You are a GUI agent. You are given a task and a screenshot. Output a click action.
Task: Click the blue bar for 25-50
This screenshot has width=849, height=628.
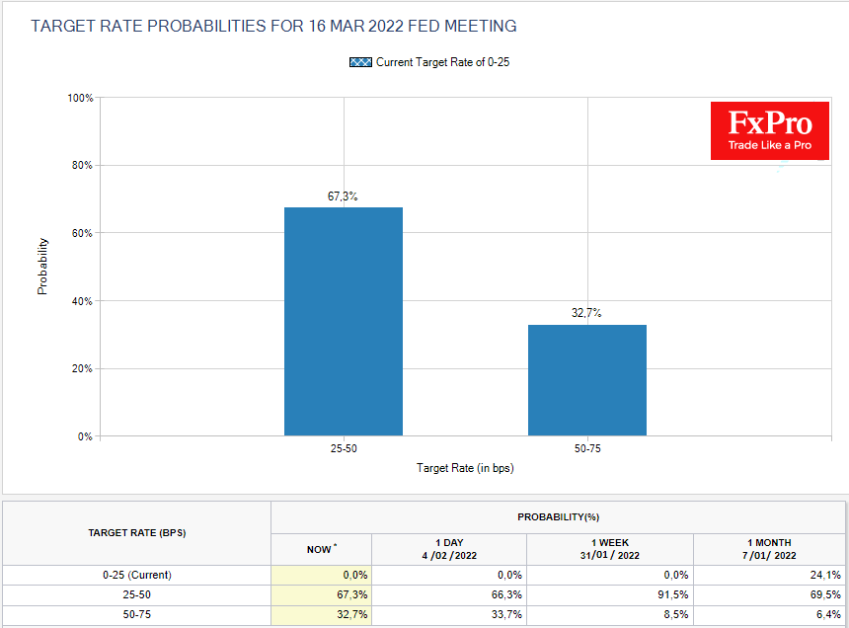click(343, 321)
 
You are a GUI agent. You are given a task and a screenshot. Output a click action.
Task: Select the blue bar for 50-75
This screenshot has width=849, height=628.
click(586, 380)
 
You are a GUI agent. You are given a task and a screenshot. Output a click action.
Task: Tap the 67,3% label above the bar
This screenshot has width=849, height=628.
click(343, 196)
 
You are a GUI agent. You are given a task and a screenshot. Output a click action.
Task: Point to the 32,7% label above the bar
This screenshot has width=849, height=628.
click(586, 313)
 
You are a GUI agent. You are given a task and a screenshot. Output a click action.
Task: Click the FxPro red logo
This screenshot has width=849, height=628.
click(770, 130)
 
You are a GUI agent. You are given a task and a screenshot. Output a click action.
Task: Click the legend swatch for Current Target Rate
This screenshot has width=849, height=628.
click(360, 62)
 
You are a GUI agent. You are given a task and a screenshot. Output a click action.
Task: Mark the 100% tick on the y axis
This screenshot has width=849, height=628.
click(81, 98)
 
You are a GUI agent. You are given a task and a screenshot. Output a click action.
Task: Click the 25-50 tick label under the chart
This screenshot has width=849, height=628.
click(343, 448)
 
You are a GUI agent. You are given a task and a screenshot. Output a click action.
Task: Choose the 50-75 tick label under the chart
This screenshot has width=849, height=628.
click(586, 448)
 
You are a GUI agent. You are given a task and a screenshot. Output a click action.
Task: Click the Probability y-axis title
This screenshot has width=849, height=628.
click(42, 267)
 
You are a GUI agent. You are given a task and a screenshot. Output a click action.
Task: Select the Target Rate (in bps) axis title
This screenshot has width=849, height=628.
click(464, 468)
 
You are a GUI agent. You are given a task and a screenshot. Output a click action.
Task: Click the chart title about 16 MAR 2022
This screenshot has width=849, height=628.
click(273, 26)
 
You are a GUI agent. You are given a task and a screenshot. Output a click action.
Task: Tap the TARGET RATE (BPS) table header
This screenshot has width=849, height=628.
click(137, 532)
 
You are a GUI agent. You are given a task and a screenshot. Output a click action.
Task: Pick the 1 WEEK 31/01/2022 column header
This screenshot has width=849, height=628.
click(610, 549)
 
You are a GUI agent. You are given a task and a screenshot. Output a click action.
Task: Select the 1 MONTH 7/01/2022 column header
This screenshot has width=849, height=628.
click(769, 549)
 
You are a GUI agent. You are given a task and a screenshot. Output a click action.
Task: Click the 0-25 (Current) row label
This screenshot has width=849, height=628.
click(137, 575)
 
